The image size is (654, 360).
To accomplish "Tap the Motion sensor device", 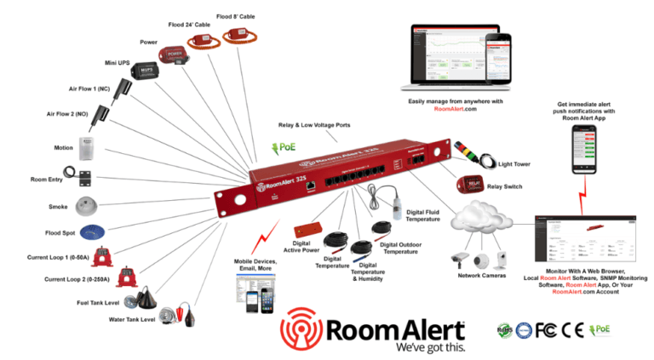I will [88, 151].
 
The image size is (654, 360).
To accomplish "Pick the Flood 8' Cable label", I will [236, 16].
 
